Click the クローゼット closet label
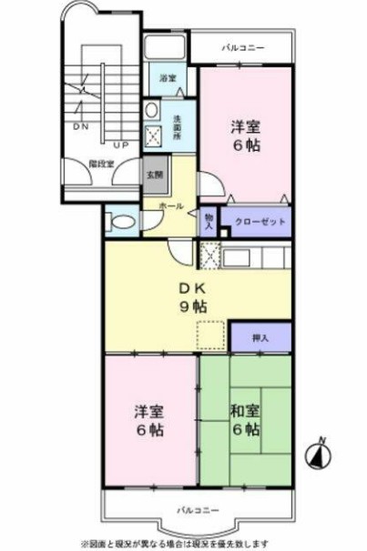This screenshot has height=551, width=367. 260,222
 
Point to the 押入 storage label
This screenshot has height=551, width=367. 260,338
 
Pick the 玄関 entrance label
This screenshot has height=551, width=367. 154,175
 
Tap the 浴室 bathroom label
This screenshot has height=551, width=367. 168,79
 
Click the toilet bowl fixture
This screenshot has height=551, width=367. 119,220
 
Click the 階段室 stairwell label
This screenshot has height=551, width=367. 100,165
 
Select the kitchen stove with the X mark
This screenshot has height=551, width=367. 209,256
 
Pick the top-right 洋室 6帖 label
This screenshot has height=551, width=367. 245,135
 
